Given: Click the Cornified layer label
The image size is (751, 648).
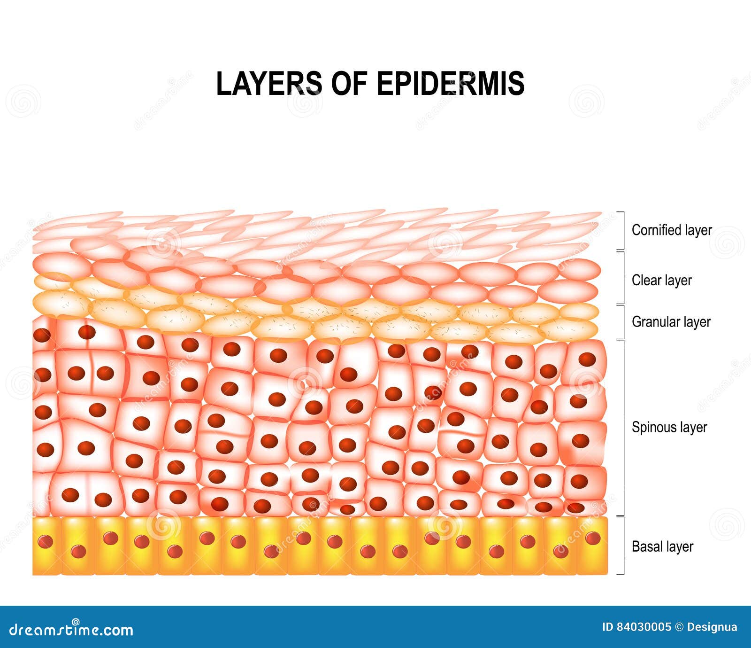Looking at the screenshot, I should point(672,230).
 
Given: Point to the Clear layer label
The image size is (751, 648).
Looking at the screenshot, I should point(661,281).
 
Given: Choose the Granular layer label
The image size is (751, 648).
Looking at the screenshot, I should point(671,322).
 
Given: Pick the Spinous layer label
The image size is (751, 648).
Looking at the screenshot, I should point(669,427).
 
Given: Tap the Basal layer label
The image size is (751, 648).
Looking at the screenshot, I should point(662,547).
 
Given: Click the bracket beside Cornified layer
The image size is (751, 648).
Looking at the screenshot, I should point(622,230).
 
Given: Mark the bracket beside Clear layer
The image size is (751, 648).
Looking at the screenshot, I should point(622,278).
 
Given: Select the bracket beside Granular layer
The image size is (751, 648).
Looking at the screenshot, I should point(622,322).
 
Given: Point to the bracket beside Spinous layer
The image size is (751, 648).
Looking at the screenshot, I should point(622,427).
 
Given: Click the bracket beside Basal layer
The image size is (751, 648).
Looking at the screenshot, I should point(622,545).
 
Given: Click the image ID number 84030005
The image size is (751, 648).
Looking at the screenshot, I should point(643,627).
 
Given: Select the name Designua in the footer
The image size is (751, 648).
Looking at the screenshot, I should point(712,627).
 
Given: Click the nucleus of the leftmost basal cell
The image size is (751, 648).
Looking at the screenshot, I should point(46,542).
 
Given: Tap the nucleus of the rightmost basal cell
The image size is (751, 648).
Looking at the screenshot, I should point(593,538).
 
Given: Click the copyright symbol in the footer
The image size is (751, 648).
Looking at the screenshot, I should point(679,627).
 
